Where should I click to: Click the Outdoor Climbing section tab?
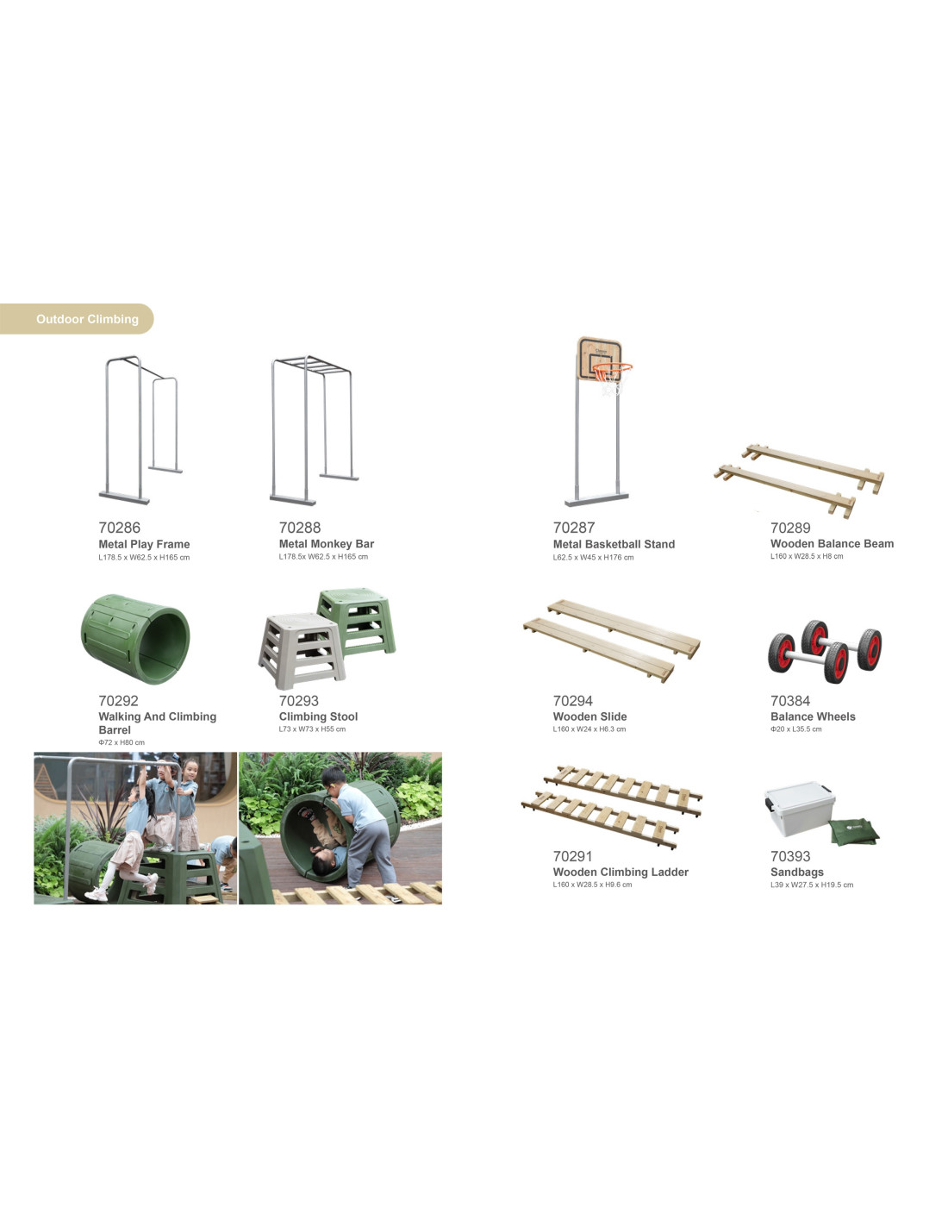77,319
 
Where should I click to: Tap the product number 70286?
119,528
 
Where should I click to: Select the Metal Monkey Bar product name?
327,544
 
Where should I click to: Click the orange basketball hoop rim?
612,368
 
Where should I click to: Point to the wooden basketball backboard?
599,359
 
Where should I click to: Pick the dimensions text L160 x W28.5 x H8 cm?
807,556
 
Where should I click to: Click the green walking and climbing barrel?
135,639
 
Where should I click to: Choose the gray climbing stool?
302,651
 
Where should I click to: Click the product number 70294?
572,701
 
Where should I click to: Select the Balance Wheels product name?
813,716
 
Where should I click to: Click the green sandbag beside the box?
854,831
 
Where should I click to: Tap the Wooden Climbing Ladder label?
621,873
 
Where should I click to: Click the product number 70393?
790,856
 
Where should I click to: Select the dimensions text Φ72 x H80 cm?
122,742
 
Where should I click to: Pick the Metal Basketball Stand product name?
614,544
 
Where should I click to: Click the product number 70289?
790,528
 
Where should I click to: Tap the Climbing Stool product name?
318,716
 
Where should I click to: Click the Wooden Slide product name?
589,716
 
